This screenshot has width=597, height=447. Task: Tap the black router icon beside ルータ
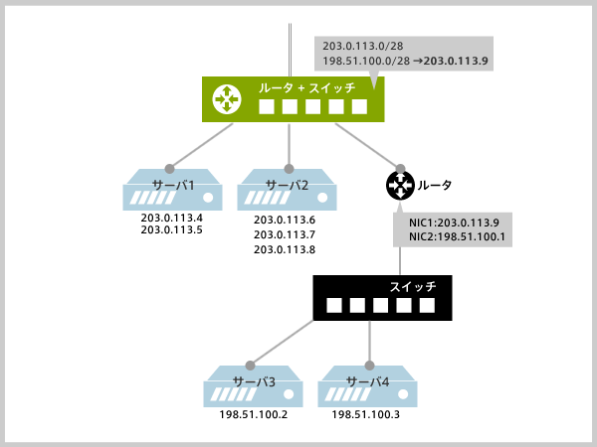pyautogui.click(x=399, y=185)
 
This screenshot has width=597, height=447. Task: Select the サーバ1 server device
pyautogui.click(x=171, y=190)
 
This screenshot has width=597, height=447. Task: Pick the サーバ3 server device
pyautogui.click(x=254, y=385)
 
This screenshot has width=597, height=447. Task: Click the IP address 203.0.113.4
pyautogui.click(x=172, y=219)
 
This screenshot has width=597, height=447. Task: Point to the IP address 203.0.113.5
pyautogui.click(x=172, y=230)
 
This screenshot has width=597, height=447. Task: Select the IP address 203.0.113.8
pyautogui.click(x=285, y=249)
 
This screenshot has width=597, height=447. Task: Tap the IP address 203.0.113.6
pyautogui.click(x=285, y=220)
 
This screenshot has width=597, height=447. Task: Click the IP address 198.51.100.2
pyautogui.click(x=253, y=413)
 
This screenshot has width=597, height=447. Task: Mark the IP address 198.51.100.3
pyautogui.click(x=365, y=413)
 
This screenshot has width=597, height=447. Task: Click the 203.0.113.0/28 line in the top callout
pyautogui.click(x=357, y=46)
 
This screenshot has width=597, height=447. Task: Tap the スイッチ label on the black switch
pyautogui.click(x=413, y=286)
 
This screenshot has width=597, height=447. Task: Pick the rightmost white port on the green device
pyautogui.click(x=358, y=107)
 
